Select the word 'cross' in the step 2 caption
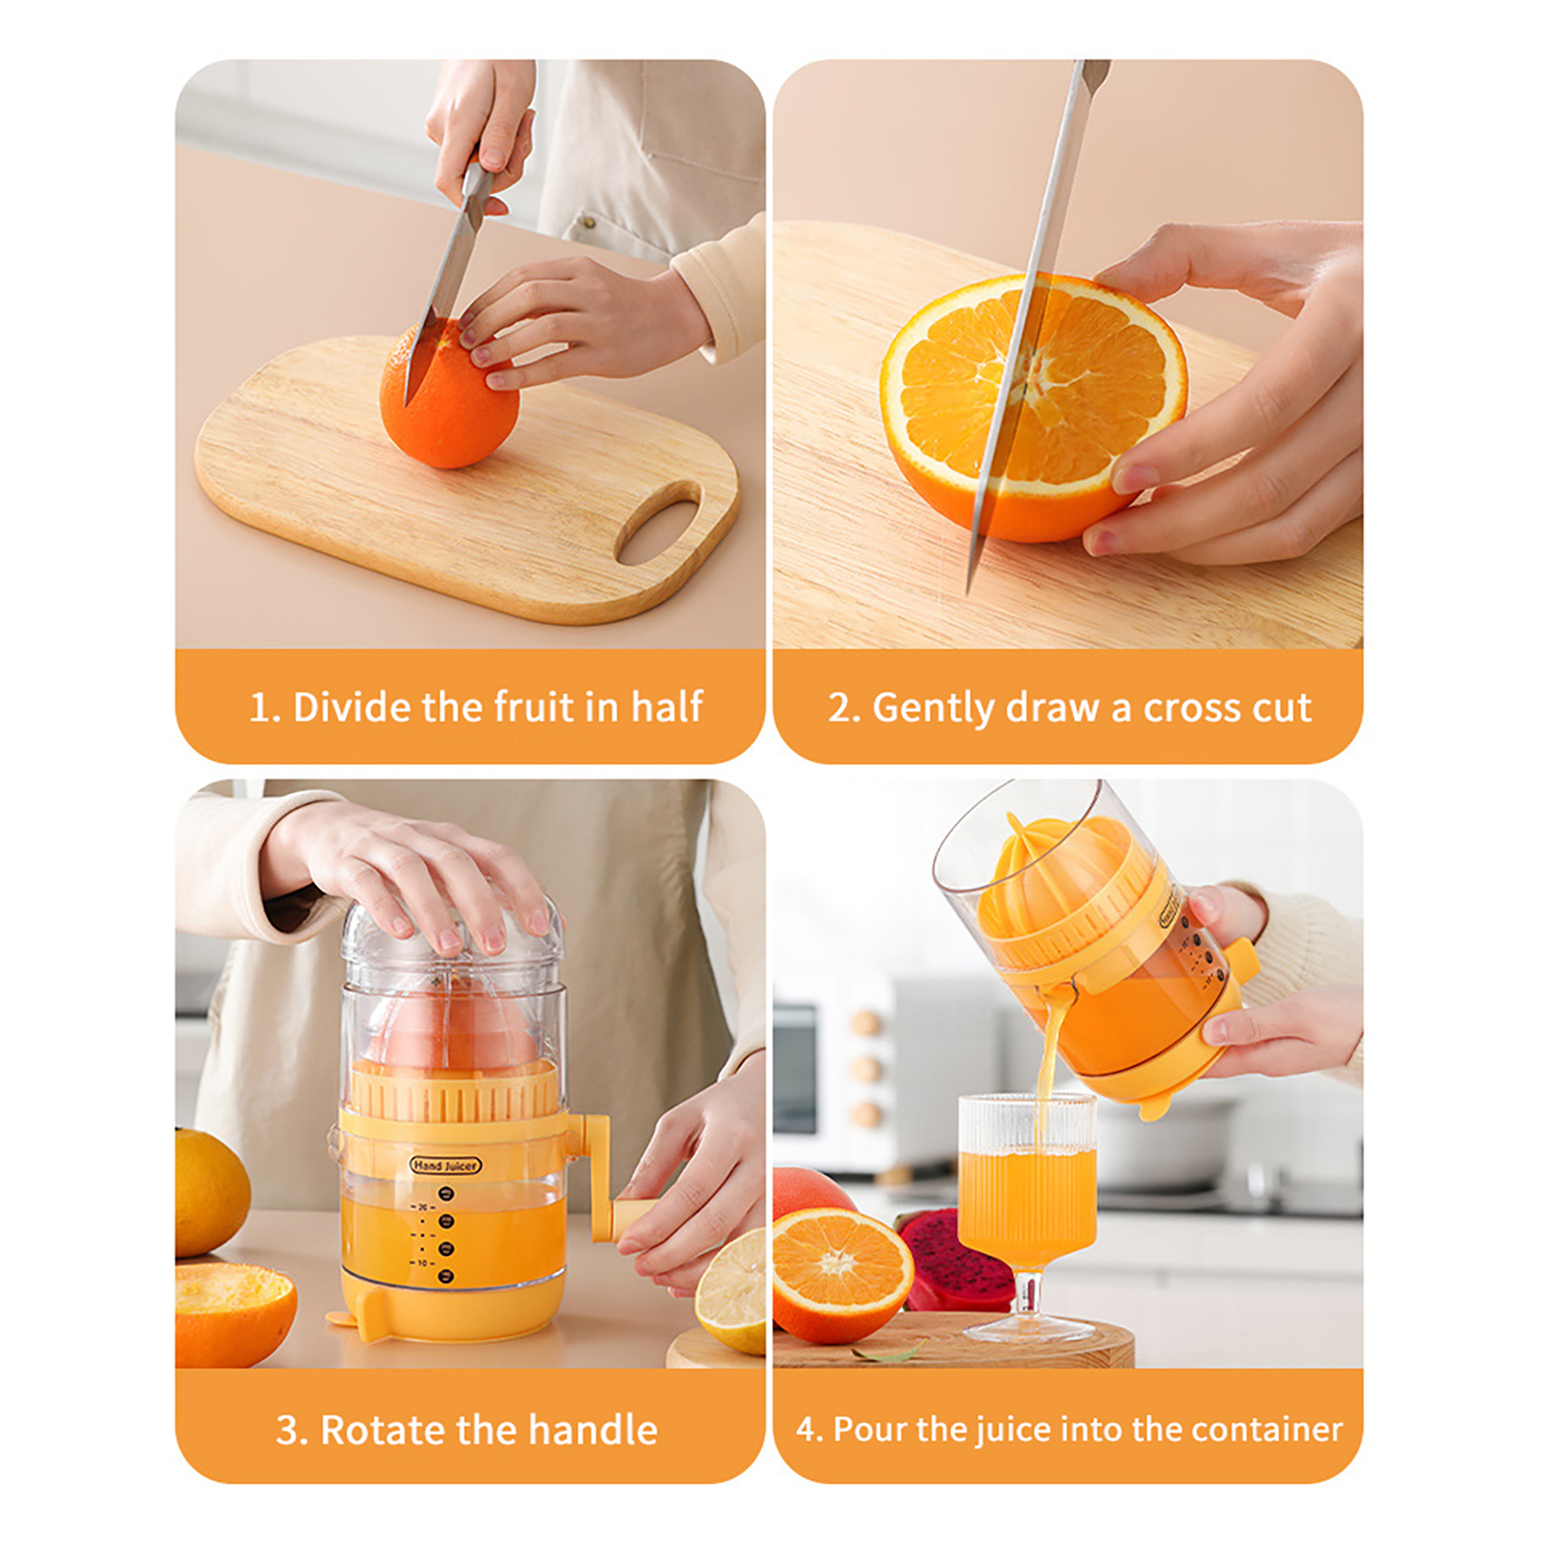[1192, 708]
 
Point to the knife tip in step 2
[970, 590]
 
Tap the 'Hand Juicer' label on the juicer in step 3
[445, 1165]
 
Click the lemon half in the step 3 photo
[732, 1291]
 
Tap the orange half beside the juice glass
[841, 1274]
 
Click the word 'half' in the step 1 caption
[666, 706]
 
